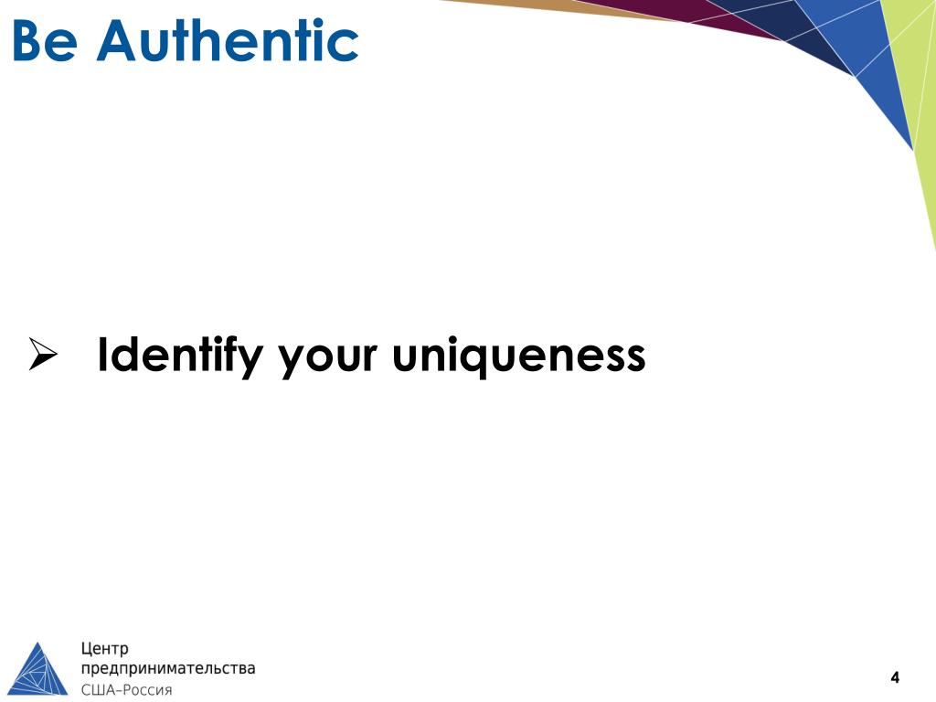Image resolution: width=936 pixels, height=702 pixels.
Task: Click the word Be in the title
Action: click(x=43, y=42)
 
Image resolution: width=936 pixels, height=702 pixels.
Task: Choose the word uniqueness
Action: click(x=519, y=356)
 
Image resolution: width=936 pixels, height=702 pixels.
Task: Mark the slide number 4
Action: click(x=895, y=677)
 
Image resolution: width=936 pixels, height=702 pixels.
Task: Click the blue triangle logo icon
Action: click(x=38, y=669)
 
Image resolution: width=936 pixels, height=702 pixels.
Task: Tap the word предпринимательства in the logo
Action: click(x=168, y=669)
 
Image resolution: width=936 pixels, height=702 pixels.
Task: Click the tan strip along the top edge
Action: click(x=548, y=6)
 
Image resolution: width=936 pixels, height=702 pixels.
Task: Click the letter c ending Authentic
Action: click(x=346, y=45)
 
